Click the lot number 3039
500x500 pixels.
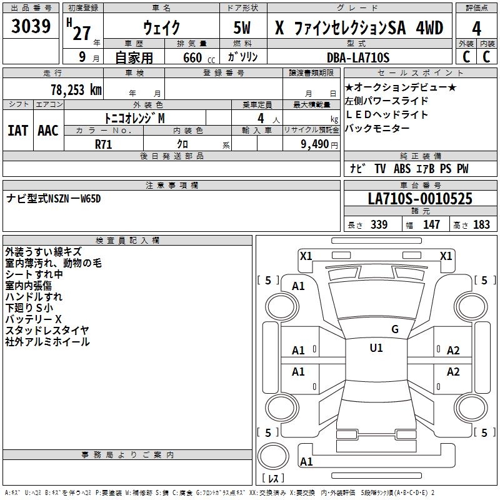pyautogui.click(x=31, y=27)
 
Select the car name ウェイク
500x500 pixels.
pyautogui.click(x=161, y=27)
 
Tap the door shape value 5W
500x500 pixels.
pyautogui.click(x=243, y=27)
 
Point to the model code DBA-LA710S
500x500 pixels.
pyautogui.click(x=357, y=57)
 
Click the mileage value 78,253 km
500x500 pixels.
pyautogui.click(x=76, y=89)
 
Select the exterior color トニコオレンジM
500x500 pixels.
pyautogui.click(x=135, y=117)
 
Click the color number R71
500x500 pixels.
pyautogui.click(x=103, y=143)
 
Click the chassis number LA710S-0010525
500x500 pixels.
pyautogui.click(x=420, y=199)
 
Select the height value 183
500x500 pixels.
pyautogui.click(x=481, y=225)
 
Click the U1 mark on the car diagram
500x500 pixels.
pyautogui.click(x=376, y=348)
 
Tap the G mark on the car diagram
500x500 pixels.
pyautogui.click(x=394, y=329)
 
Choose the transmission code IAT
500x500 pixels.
pyautogui.click(x=17, y=131)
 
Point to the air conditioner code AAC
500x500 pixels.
pyautogui.click(x=47, y=131)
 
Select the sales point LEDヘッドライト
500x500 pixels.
pyautogui.click(x=386, y=114)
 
